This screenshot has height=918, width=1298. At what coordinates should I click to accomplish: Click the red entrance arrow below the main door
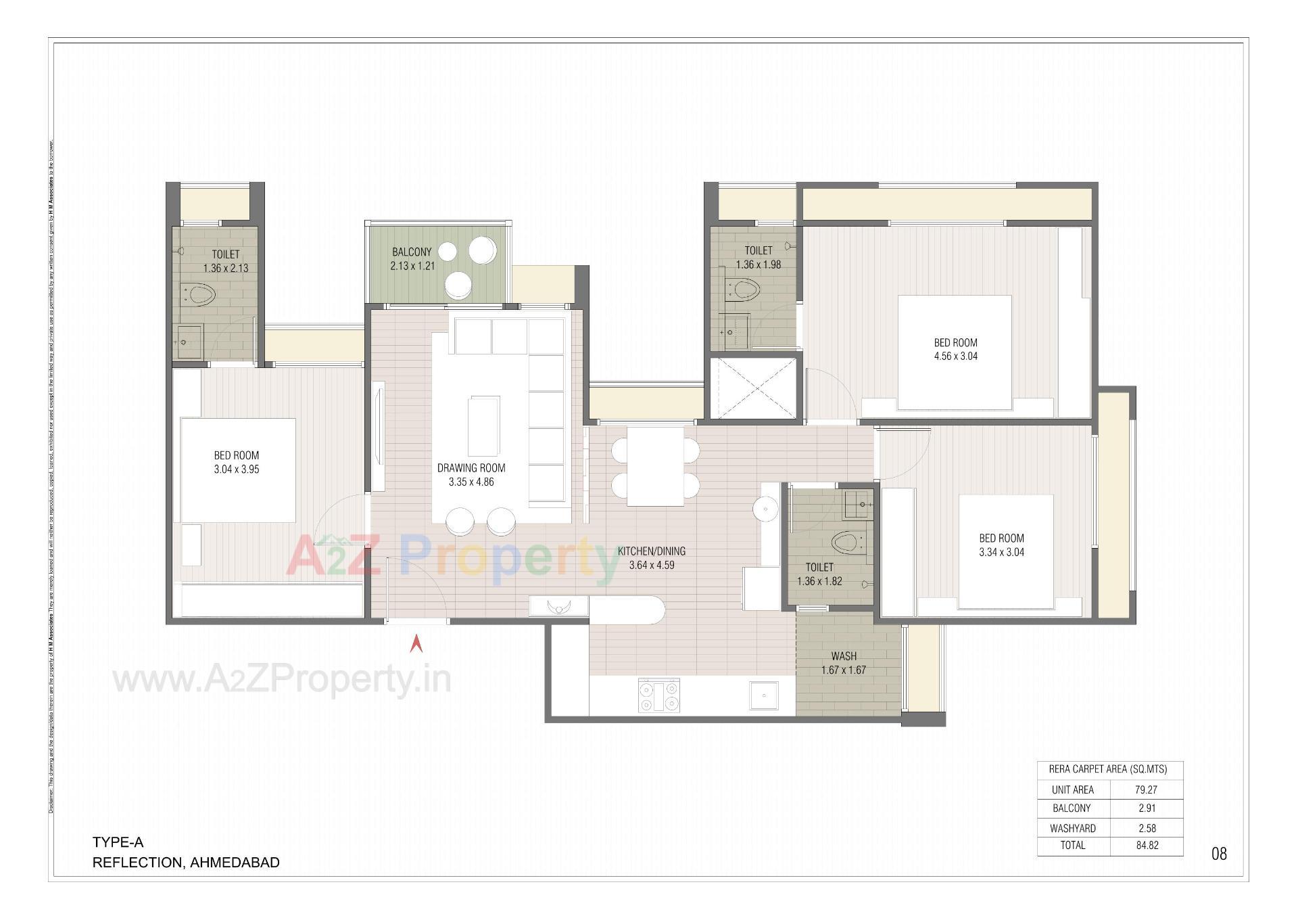click(416, 643)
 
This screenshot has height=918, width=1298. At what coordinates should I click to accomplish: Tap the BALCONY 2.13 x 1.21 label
click(412, 258)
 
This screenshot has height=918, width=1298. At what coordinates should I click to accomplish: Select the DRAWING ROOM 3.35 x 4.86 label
click(471, 475)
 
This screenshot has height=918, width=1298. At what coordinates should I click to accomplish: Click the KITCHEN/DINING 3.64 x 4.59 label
click(651, 558)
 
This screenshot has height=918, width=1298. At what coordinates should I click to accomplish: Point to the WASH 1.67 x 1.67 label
click(843, 663)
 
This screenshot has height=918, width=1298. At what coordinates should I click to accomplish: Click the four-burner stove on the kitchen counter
click(658, 696)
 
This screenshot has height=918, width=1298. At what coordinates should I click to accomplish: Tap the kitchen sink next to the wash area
click(764, 695)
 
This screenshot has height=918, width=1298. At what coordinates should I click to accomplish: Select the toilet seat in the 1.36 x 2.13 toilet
click(199, 295)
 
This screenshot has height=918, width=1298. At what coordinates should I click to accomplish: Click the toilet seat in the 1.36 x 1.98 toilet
click(743, 291)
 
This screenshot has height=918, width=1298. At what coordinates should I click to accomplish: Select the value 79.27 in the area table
click(1147, 789)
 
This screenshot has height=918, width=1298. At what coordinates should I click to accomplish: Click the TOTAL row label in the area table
click(1072, 846)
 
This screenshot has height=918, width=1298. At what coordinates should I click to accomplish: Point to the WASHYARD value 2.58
click(1147, 828)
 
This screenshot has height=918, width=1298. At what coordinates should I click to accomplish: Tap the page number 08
click(1218, 854)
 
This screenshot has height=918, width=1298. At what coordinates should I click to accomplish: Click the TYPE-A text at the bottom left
click(118, 842)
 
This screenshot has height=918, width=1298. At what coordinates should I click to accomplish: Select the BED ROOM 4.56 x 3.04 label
click(955, 349)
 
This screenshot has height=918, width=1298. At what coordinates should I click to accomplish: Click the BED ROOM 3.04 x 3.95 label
click(236, 462)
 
